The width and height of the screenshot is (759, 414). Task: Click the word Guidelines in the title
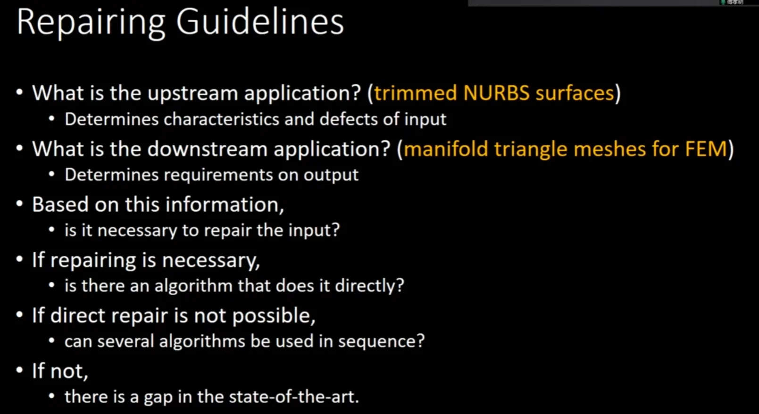(x=260, y=22)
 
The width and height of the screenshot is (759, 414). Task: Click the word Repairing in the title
(x=91, y=24)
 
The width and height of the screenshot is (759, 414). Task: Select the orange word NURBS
(x=496, y=93)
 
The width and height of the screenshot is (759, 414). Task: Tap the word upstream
(x=192, y=94)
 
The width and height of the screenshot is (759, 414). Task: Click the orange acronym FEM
(x=706, y=149)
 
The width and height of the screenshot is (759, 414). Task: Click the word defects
(x=348, y=119)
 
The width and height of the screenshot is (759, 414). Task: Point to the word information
(x=225, y=205)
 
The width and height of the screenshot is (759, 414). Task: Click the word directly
(x=370, y=286)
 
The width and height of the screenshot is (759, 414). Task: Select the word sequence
(x=381, y=341)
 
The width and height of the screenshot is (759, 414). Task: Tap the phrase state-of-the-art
(x=293, y=397)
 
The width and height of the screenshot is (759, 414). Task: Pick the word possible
(x=274, y=316)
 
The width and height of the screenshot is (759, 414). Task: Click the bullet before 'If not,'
(x=19, y=370)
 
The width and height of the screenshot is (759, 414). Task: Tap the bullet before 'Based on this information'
(x=19, y=204)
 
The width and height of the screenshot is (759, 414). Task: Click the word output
(x=331, y=175)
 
